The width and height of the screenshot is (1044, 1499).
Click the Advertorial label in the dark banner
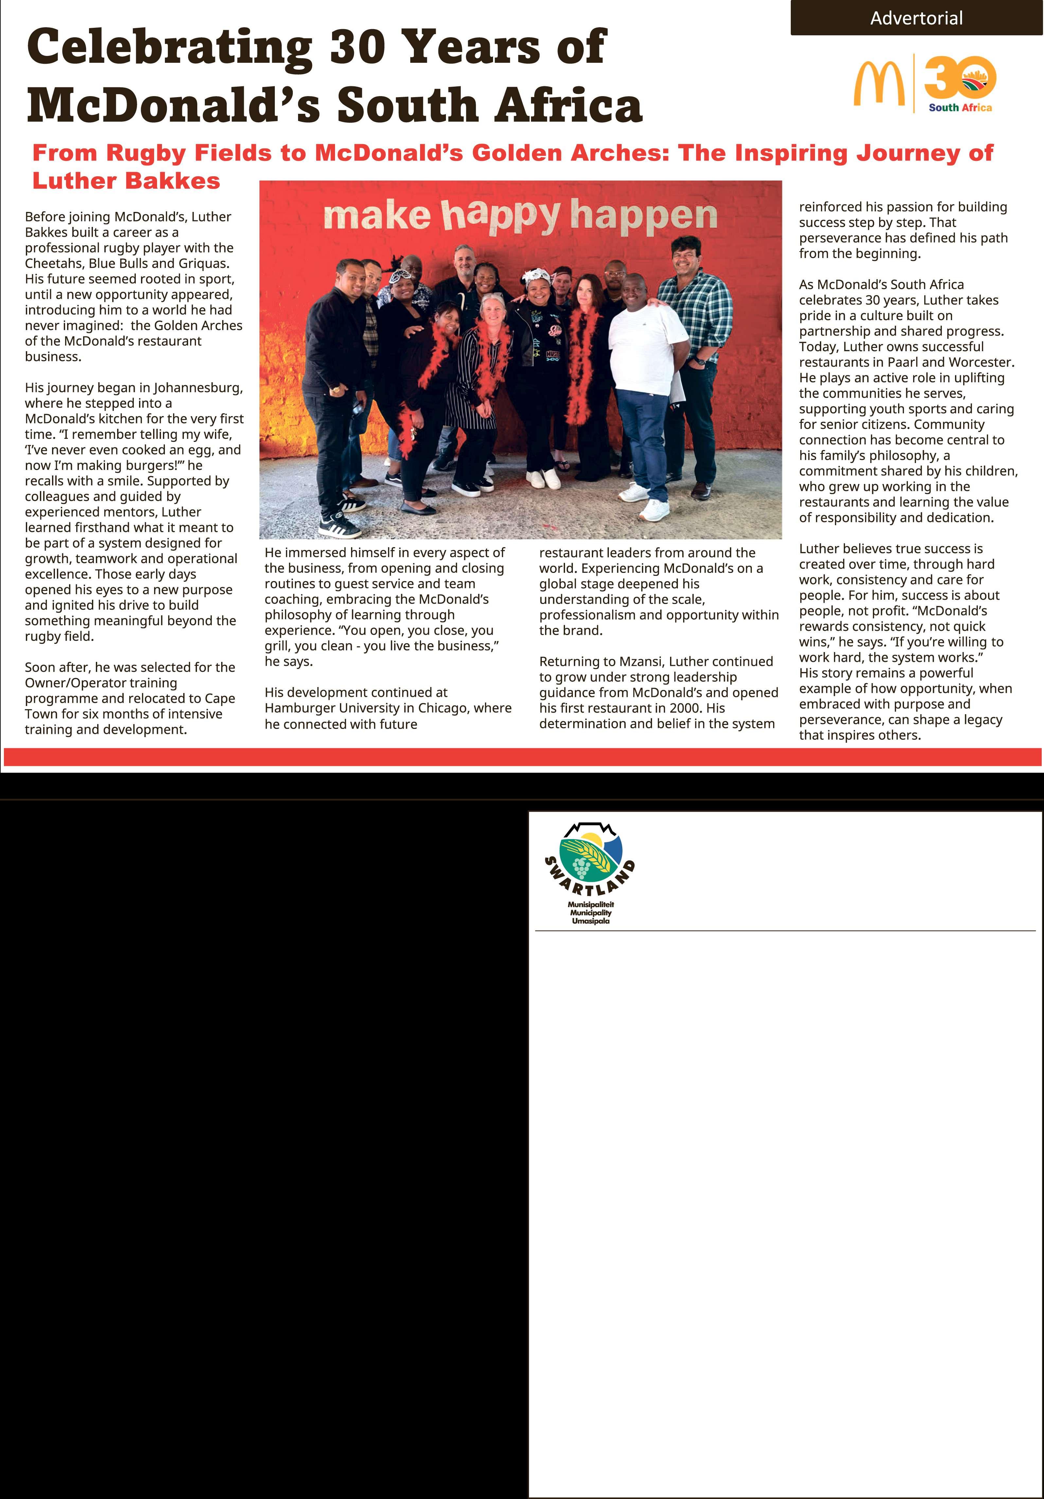[916, 18]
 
